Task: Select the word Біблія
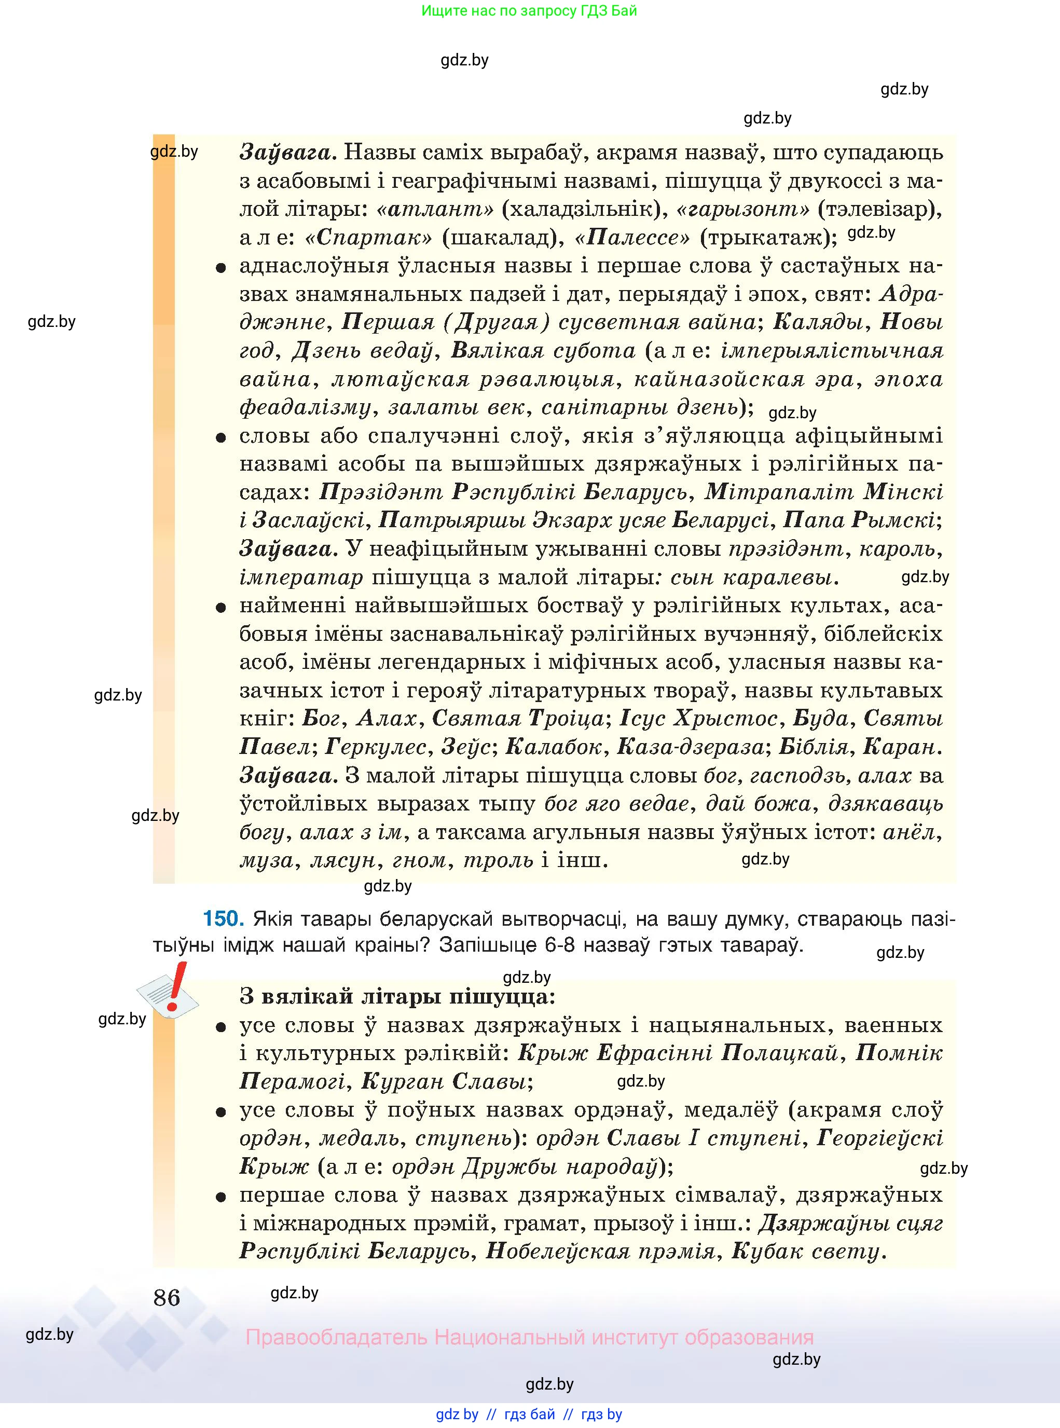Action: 814,747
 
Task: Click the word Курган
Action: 401,1081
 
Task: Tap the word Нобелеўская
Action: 558,1252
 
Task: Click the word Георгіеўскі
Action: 879,1138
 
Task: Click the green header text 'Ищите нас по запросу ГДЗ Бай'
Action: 529,11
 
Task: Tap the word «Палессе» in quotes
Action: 632,238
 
